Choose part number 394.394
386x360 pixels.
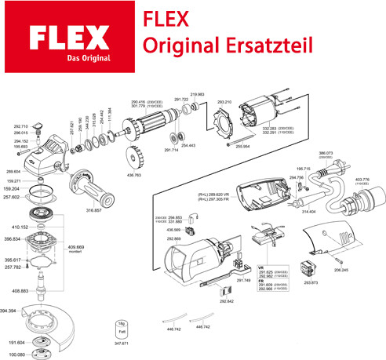pyautogui.click(x=9, y=311)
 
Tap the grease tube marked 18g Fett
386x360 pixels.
pyautogui.click(x=121, y=327)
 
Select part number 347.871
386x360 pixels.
pyautogui.click(x=122, y=343)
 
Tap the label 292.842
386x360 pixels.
pyautogui.click(x=228, y=300)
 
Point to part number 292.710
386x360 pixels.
pyautogui.click(x=21, y=126)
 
